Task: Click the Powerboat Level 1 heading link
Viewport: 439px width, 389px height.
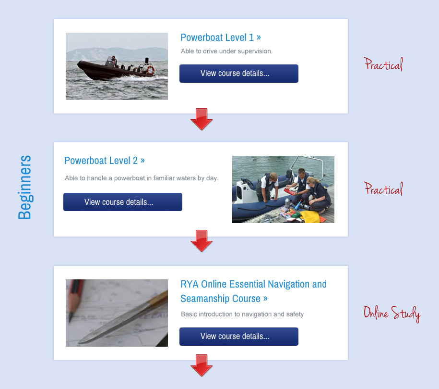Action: (x=220, y=38)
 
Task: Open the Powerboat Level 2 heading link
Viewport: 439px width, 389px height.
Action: (x=105, y=161)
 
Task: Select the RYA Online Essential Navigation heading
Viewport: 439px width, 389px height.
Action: (x=253, y=291)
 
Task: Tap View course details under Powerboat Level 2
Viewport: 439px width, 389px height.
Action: (x=123, y=202)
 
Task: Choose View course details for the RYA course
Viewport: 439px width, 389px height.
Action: (x=239, y=336)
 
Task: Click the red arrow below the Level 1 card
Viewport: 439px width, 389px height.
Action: (x=202, y=119)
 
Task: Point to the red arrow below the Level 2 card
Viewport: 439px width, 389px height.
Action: (x=202, y=241)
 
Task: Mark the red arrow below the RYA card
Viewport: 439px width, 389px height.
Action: (x=202, y=365)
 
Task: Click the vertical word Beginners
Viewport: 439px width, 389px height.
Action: (x=24, y=187)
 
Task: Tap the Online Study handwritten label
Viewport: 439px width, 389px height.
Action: (x=392, y=314)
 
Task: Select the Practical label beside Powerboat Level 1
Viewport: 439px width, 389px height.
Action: (x=383, y=64)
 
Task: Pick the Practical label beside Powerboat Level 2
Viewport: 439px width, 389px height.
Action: (x=383, y=188)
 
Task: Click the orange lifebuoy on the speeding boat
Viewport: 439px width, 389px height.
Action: (x=151, y=70)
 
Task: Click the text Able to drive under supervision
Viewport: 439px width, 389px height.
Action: (x=226, y=51)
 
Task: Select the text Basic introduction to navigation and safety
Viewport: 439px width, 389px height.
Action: (x=242, y=314)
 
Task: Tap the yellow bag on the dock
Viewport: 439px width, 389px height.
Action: (x=310, y=217)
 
